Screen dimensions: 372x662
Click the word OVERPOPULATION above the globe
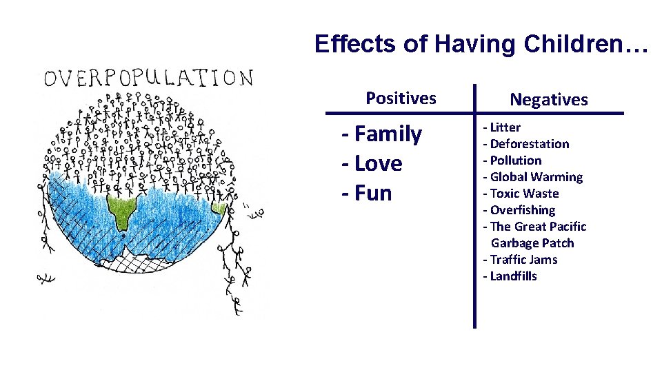pos(148,77)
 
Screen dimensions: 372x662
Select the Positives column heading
pos(401,98)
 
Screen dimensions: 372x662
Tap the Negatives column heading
pos(549,100)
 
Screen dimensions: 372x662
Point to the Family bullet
pos(382,134)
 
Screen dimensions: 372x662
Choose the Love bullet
pos(372,163)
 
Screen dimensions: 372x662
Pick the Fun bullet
pos(367,193)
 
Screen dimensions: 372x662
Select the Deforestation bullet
pos(526,144)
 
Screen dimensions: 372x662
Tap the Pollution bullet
pos(512,161)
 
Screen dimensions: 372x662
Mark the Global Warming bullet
pos(533,177)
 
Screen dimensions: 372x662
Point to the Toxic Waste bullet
pos(521,194)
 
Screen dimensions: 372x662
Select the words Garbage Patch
pos(532,243)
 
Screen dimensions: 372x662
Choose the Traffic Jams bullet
pos(520,260)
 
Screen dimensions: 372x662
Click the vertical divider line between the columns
pos(474,207)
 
